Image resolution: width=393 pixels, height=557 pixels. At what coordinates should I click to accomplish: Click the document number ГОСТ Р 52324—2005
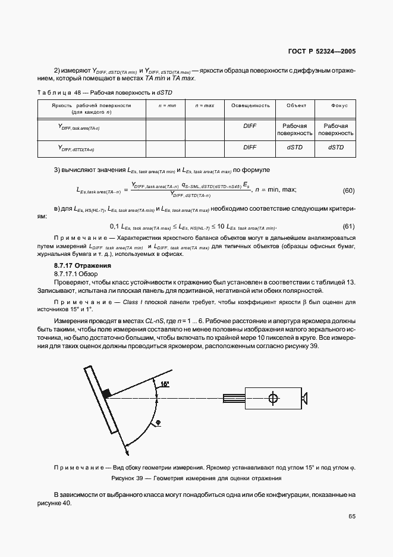322,52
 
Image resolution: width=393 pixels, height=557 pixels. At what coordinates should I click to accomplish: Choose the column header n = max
205,105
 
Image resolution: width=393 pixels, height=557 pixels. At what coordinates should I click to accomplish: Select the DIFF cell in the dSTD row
250,147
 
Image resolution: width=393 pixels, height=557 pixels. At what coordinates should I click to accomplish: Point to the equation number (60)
349,191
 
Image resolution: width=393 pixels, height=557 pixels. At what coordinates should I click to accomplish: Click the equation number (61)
349,227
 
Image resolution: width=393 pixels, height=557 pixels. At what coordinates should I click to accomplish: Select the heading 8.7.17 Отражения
83,265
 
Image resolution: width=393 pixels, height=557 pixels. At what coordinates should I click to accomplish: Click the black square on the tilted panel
107,393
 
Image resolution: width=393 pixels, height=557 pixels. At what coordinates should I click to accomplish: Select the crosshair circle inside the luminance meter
273,398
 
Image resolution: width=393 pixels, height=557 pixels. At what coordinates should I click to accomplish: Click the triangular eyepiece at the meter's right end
305,398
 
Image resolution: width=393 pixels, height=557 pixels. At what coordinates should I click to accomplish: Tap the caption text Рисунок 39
128,478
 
